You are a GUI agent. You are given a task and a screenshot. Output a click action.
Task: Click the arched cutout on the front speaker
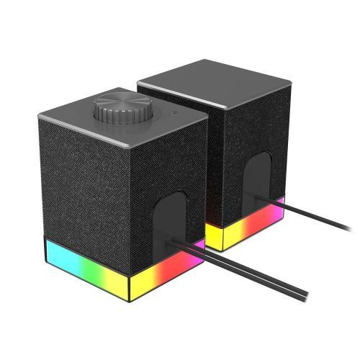[x=172, y=216]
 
